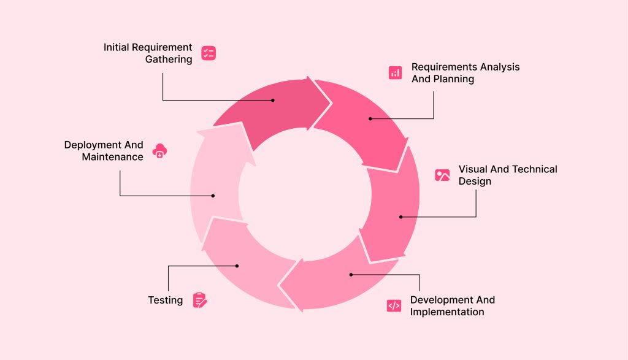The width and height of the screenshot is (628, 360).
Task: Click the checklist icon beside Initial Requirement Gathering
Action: pyautogui.click(x=209, y=53)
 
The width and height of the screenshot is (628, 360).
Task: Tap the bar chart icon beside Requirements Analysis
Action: pyautogui.click(x=395, y=73)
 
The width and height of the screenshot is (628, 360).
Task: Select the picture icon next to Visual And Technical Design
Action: pyautogui.click(x=442, y=175)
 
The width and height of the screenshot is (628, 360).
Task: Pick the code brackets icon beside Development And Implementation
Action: pyautogui.click(x=394, y=305)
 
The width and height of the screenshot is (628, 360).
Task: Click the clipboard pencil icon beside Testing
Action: pyautogui.click(x=200, y=300)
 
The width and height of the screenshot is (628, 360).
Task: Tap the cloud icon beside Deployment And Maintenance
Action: pyautogui.click(x=159, y=150)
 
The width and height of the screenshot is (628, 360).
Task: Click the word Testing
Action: pyautogui.click(x=165, y=300)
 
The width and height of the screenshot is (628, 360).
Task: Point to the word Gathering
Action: pyautogui.click(x=169, y=59)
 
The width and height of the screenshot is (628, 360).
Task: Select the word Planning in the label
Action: pyautogui.click(x=453, y=79)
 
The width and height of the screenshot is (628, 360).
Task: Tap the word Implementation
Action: pyautogui.click(x=447, y=312)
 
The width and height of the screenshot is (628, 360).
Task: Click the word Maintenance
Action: pyautogui.click(x=113, y=157)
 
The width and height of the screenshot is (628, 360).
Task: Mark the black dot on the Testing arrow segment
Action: pyautogui.click(x=237, y=266)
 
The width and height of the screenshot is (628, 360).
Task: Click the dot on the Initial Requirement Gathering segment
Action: pyautogui.click(x=273, y=100)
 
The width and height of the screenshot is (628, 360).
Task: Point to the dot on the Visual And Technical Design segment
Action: pyautogui.click(x=400, y=216)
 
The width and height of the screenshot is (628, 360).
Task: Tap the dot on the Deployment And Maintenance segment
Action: pyautogui.click(x=213, y=196)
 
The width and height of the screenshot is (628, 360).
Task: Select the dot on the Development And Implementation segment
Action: pyautogui.click(x=351, y=275)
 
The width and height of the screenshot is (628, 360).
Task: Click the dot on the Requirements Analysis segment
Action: pyautogui.click(x=370, y=118)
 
